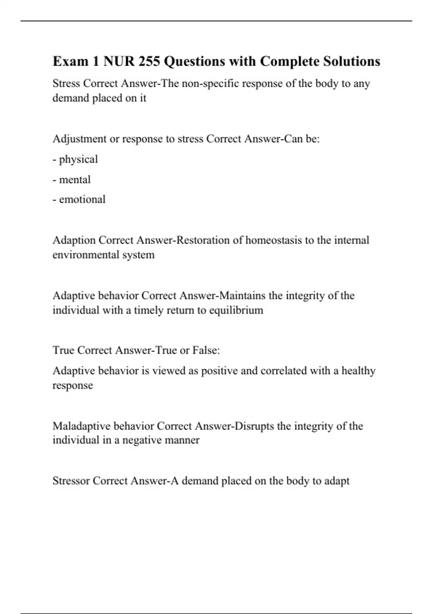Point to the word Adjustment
(x=79, y=139)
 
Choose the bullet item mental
(x=75, y=180)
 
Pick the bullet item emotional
(x=82, y=199)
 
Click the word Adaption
(x=74, y=240)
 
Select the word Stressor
(x=71, y=481)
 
